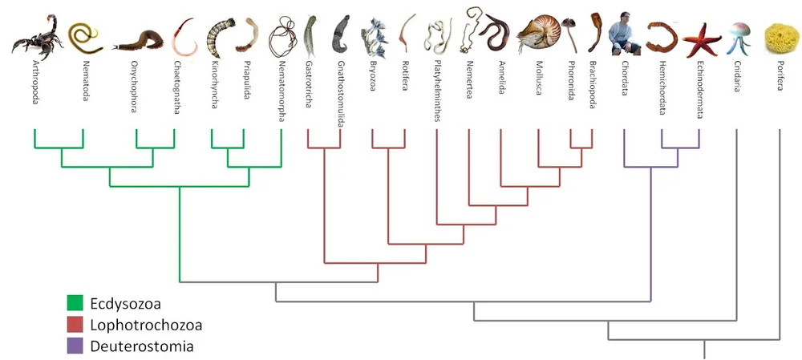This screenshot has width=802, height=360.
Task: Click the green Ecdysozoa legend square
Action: [x=75, y=303]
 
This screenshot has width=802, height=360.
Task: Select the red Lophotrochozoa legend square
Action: [x=75, y=325]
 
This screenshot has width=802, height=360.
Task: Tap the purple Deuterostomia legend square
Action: [x=75, y=346]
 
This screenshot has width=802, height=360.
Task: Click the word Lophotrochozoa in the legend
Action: [x=144, y=325]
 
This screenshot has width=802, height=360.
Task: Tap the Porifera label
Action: [x=779, y=75]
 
